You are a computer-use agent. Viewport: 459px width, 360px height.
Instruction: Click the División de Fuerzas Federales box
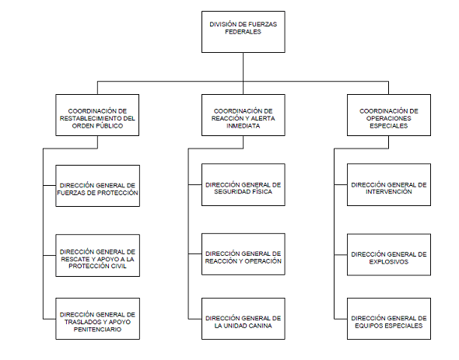(244, 32)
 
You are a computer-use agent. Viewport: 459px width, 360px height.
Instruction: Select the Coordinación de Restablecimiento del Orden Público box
(97, 115)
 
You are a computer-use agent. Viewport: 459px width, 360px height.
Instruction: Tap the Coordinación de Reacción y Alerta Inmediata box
(244, 115)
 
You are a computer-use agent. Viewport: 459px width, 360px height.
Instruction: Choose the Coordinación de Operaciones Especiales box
(389, 115)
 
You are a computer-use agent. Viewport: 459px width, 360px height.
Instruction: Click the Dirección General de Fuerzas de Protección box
(98, 186)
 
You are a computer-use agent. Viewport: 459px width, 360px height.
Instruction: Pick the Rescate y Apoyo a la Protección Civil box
(98, 256)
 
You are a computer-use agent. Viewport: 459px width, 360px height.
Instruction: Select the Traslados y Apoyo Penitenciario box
(98, 319)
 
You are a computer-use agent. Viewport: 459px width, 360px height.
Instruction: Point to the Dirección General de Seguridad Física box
(244, 185)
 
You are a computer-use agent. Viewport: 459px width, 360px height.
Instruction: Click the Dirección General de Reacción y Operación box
(244, 254)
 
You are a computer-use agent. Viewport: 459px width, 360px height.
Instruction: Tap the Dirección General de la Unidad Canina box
(244, 319)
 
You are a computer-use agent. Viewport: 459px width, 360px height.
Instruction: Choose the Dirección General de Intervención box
(389, 185)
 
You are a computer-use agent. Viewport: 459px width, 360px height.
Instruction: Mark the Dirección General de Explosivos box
(389, 254)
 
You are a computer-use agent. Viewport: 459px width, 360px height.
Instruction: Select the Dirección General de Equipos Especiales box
(389, 319)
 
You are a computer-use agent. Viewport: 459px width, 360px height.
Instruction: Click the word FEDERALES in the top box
(243, 32)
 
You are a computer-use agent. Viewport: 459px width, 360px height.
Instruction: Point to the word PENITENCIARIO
(97, 330)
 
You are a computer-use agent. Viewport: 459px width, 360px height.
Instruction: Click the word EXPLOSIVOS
(389, 262)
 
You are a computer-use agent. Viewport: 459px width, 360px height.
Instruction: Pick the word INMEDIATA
(244, 126)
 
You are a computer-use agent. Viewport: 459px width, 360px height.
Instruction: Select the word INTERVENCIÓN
(389, 192)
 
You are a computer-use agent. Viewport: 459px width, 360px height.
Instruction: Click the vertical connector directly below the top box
(244, 73)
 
